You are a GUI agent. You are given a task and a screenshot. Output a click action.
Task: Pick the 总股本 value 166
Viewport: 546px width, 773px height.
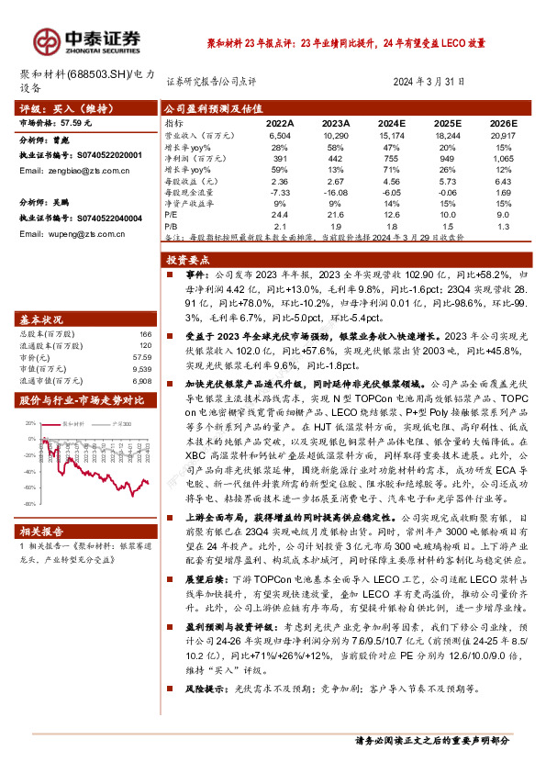click(144, 334)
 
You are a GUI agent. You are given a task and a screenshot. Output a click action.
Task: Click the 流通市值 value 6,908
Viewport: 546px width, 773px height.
click(141, 379)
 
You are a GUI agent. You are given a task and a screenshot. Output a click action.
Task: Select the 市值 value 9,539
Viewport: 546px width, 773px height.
click(141, 368)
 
